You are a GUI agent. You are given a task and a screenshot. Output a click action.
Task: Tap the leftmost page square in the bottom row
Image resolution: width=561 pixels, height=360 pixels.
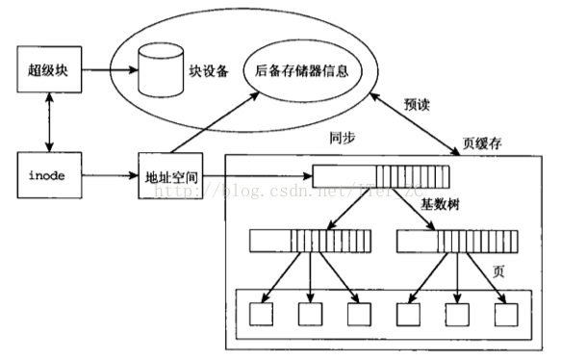[261, 314]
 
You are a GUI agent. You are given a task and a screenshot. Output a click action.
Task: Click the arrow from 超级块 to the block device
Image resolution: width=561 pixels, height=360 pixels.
[108, 69]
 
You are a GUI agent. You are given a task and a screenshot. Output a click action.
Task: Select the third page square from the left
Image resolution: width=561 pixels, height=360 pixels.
[359, 314]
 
